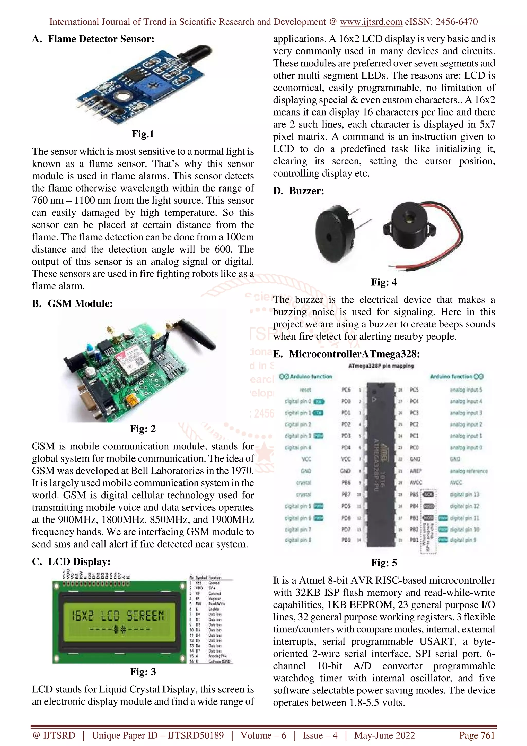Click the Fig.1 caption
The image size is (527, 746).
click(x=143, y=134)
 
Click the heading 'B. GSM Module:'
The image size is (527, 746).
click(x=72, y=303)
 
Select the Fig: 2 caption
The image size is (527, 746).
click(x=143, y=429)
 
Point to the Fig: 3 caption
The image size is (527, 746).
click(x=143, y=672)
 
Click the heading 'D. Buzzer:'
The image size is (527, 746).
click(x=298, y=191)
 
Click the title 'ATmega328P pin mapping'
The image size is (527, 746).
click(x=381, y=366)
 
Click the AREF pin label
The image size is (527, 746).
click(x=416, y=471)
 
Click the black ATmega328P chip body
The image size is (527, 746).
click(x=381, y=465)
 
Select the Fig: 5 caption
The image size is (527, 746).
click(x=384, y=563)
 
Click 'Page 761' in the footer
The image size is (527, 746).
click(x=476, y=735)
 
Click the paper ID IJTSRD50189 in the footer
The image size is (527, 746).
click(x=196, y=735)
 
